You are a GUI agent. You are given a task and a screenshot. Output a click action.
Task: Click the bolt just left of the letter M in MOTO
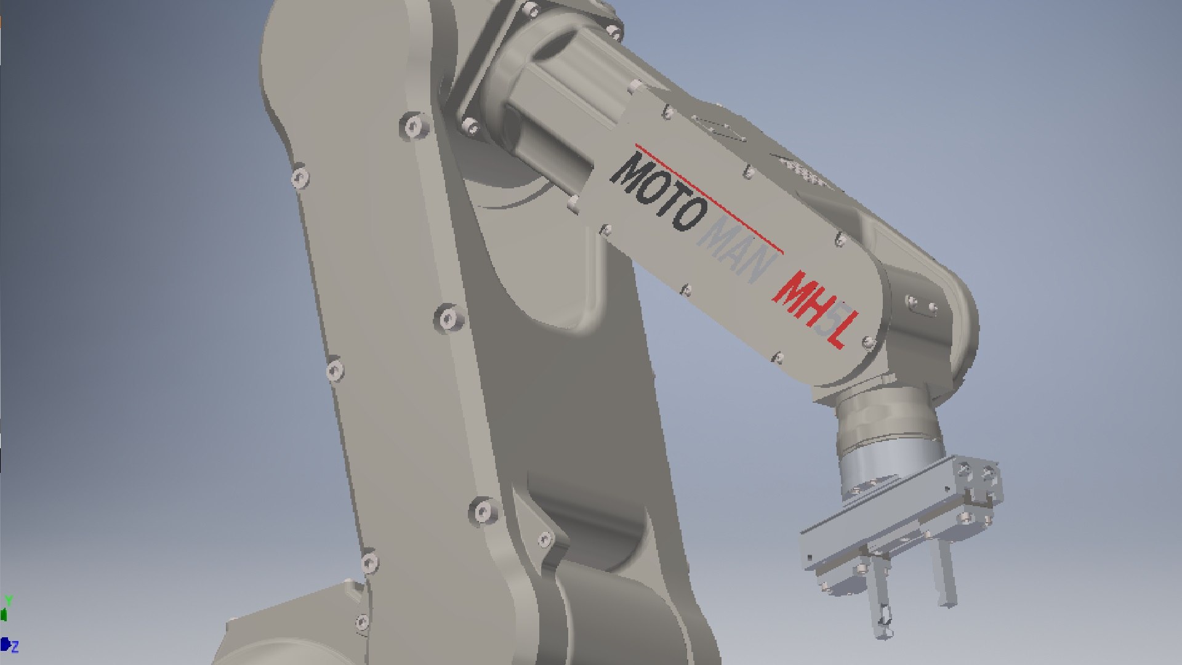(606, 230)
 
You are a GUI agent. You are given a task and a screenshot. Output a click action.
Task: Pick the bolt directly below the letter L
(778, 357)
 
